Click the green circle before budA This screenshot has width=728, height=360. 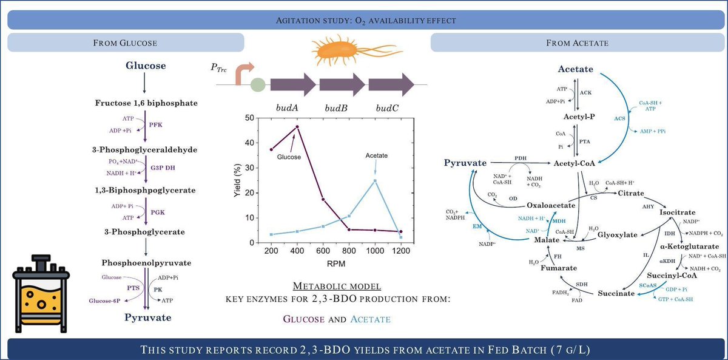(257, 84)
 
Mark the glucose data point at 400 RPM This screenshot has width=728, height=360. (297, 127)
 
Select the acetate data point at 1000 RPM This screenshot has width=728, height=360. (375, 180)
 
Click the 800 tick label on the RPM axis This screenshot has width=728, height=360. (349, 251)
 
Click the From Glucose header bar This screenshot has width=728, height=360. (125, 42)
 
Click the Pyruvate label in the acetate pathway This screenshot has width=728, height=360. (466, 163)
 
